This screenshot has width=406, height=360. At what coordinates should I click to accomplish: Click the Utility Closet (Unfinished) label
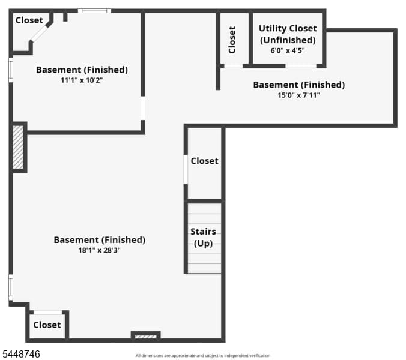point(288,34)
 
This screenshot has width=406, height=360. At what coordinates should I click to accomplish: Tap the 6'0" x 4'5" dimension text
point(288,50)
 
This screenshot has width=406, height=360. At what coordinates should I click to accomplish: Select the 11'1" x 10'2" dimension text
point(82,80)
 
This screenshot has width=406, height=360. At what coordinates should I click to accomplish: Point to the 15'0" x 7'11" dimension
point(298,95)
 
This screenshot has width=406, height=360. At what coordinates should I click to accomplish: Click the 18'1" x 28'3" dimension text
point(100,250)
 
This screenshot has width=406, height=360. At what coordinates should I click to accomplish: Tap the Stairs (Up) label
point(203,238)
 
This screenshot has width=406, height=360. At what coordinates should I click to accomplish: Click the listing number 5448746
point(21,354)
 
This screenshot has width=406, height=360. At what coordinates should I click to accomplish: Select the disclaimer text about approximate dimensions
point(203,356)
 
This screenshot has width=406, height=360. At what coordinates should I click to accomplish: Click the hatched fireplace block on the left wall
point(18,147)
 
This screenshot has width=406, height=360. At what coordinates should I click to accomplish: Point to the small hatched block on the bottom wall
point(146,337)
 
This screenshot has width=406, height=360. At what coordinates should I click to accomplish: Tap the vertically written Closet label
point(232,40)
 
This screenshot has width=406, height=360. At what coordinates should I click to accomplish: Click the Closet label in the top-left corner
point(29,20)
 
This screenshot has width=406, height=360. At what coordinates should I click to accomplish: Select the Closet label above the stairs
point(205,161)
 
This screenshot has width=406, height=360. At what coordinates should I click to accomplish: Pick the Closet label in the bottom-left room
point(47,325)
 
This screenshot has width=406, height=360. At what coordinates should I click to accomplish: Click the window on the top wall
point(94,11)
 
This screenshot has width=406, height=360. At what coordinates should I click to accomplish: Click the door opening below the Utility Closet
point(301,66)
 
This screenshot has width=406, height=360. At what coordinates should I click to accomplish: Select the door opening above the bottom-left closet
point(48,313)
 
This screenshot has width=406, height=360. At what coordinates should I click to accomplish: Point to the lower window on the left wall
point(11,287)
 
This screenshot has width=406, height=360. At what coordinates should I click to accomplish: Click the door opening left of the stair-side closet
point(186,169)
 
